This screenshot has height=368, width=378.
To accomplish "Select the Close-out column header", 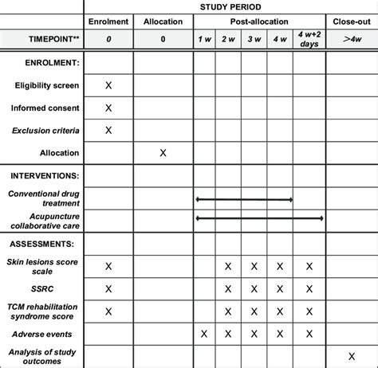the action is pyautogui.click(x=352, y=20).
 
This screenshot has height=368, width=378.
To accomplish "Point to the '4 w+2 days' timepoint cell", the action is pyautogui.click(x=309, y=38).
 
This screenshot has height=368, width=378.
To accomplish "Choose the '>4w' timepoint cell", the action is pyautogui.click(x=352, y=38).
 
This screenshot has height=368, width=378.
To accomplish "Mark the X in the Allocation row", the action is pyautogui.click(x=163, y=152).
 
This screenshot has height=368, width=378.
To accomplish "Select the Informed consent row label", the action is pyautogui.click(x=45, y=108).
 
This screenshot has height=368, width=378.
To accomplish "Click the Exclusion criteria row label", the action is pyautogui.click(x=45, y=130).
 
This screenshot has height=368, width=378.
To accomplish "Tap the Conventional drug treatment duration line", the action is pyautogui.click(x=244, y=199).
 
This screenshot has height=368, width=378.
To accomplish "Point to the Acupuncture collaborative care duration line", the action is pyautogui.click(x=259, y=217).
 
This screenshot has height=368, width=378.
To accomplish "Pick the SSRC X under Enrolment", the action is pyautogui.click(x=109, y=288).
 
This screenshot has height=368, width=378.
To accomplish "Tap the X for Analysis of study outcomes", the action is pyautogui.click(x=352, y=355).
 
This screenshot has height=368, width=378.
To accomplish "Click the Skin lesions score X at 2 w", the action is pyautogui.click(x=228, y=265).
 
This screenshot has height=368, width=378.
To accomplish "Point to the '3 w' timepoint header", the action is pyautogui.click(x=254, y=38).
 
